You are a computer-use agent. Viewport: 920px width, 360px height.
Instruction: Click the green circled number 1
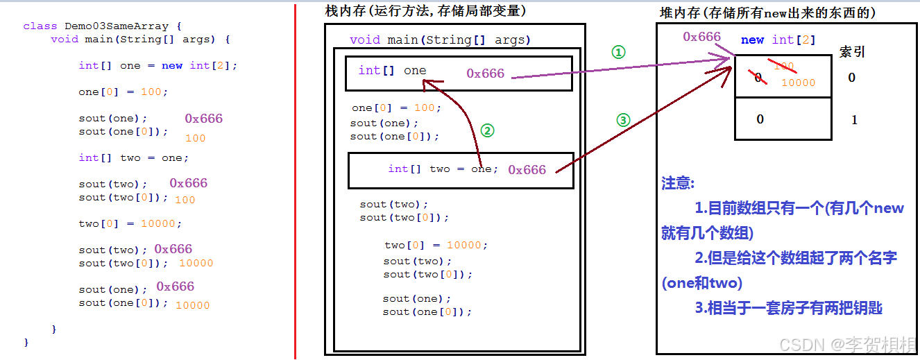click(618, 52)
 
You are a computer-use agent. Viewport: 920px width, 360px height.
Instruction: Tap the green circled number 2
click(487, 130)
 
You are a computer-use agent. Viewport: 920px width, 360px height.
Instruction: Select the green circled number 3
click(623, 119)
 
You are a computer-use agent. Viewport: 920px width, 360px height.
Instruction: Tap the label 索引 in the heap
click(852, 52)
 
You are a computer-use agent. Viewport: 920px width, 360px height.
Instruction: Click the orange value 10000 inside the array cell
click(799, 83)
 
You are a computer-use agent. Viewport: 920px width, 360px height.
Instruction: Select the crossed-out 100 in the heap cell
click(784, 67)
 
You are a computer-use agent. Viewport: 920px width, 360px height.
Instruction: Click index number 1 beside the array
click(854, 120)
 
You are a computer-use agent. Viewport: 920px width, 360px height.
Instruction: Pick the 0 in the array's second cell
click(760, 119)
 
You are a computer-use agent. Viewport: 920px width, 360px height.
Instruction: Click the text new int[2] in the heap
click(778, 40)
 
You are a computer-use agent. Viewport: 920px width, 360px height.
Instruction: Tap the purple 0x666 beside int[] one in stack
click(485, 74)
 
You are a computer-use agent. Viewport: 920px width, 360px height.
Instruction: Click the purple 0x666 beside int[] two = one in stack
click(527, 170)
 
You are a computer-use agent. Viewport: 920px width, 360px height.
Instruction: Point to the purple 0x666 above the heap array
click(701, 37)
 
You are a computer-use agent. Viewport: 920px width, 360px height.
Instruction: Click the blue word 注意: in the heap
click(678, 183)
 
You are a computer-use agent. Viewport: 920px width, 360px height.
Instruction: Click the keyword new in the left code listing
click(172, 65)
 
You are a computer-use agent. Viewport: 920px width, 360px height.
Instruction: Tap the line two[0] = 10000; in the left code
click(130, 223)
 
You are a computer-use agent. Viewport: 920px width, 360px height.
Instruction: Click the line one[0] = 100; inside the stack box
click(396, 108)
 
